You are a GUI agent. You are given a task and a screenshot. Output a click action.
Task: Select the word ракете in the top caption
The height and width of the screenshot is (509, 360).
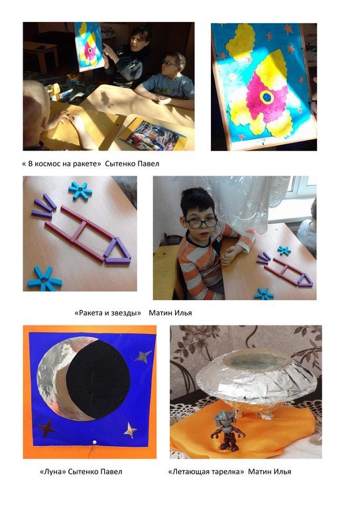(x=86, y=164)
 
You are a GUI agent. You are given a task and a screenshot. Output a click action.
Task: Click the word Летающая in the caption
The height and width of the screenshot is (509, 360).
(x=188, y=472)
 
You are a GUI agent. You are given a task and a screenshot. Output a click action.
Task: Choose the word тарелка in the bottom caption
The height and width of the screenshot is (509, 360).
(x=227, y=472)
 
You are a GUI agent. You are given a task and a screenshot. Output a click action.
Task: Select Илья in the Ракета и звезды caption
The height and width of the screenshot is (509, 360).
(x=184, y=313)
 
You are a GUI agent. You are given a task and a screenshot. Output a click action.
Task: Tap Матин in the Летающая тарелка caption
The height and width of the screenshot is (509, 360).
(x=258, y=471)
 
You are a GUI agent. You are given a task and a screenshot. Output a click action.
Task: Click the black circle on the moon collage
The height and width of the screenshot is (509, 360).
(x=98, y=380)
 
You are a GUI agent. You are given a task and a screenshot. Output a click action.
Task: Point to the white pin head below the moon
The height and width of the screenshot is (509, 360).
(x=95, y=442)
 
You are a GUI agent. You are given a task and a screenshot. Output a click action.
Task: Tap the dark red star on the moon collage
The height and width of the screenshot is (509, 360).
(x=46, y=429)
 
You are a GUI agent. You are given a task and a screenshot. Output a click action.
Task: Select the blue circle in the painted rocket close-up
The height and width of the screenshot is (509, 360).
(x=267, y=97)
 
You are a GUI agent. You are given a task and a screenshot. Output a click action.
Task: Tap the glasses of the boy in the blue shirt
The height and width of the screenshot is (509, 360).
(x=170, y=64)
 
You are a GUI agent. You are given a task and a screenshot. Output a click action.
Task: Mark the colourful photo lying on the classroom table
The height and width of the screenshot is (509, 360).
(x=152, y=135)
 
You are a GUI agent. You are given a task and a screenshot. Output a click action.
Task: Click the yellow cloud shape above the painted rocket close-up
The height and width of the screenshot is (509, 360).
(x=241, y=41)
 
